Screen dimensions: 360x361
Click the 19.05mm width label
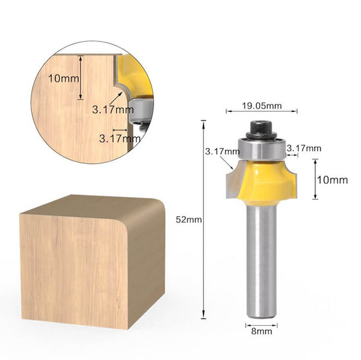click(261, 106)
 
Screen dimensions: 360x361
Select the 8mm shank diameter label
click(261, 330)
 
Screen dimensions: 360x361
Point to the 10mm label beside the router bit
click(333, 179)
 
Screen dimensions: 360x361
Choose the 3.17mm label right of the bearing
click(304, 148)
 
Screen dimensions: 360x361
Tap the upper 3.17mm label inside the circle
click(113, 110)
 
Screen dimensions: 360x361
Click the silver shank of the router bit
click(261, 259)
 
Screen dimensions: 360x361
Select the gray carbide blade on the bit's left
click(232, 181)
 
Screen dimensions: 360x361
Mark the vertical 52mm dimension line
click(204, 220)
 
